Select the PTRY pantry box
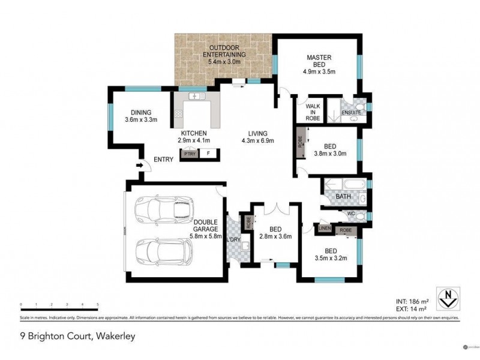(190, 154)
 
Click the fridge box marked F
(208, 154)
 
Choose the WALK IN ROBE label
(313, 112)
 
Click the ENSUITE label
(350, 112)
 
